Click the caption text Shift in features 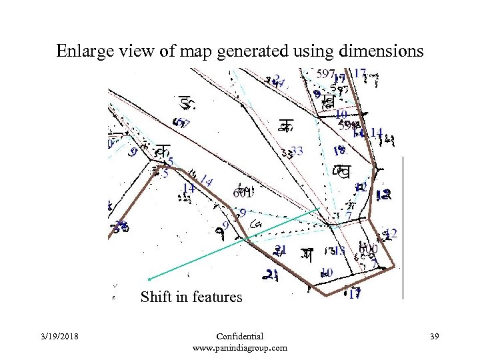click(191, 297)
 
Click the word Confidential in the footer click(240, 337)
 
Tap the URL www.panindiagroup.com click(240, 347)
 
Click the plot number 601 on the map click(242, 193)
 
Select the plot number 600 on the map click(369, 250)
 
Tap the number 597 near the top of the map click(326, 73)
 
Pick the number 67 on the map click(181, 123)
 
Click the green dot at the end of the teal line click(149, 278)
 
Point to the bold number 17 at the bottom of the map click(354, 293)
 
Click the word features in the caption click(218, 297)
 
